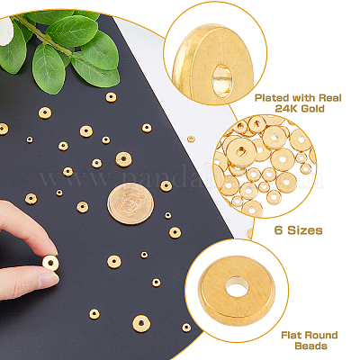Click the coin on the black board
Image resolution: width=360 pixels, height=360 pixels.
click(x=130, y=203)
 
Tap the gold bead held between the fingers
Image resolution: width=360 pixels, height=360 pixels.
click(x=50, y=263)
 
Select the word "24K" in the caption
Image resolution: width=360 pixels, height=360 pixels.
click(x=286, y=108)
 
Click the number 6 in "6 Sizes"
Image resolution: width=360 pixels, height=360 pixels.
click(x=278, y=230)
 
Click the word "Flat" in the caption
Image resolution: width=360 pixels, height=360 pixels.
click(x=290, y=335)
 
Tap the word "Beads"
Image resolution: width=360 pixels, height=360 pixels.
click(x=310, y=346)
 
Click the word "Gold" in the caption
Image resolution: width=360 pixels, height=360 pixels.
click(x=312, y=108)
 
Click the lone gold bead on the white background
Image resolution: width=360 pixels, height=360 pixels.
click(x=191, y=139)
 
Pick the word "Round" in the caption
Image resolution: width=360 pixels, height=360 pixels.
click(x=319, y=335)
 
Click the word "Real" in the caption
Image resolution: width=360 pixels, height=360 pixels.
click(x=331, y=98)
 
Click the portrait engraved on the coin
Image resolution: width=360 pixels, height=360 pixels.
click(x=130, y=202)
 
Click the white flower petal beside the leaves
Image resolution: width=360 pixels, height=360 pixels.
click(x=6, y=31)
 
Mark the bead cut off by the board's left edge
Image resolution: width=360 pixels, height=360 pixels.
click(x=3, y=129)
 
